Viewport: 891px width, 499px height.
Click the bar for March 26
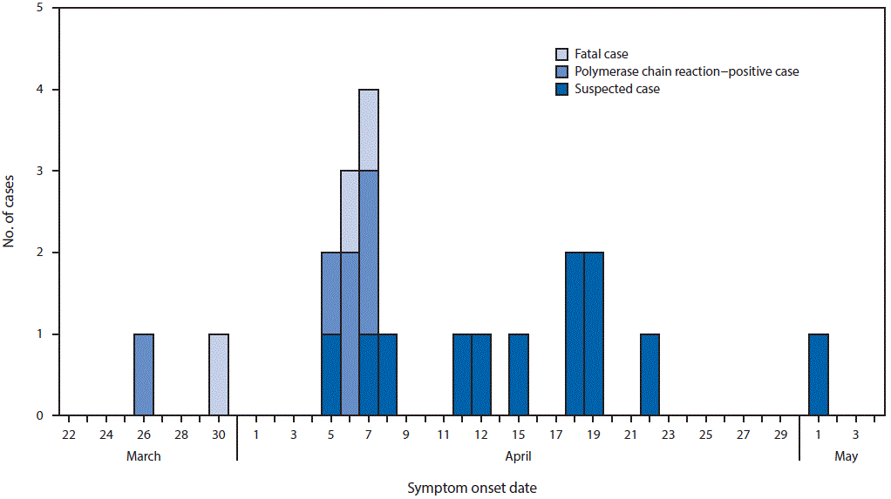click(x=144, y=374)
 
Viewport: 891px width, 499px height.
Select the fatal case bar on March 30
click(x=218, y=374)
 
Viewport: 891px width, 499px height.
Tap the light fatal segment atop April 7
click(x=368, y=130)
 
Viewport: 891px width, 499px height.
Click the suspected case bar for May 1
click(x=818, y=374)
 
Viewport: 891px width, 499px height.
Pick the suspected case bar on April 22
click(x=650, y=374)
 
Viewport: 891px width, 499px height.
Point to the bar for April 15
click(x=518, y=374)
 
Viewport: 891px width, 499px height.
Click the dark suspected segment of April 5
click(x=330, y=374)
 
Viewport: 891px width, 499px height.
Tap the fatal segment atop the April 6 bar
click(x=350, y=212)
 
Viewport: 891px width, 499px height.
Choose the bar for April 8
click(x=387, y=374)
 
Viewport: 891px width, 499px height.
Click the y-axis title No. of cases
click(x=10, y=212)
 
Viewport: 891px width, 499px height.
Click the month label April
click(x=518, y=456)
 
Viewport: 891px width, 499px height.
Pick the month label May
click(x=846, y=456)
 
